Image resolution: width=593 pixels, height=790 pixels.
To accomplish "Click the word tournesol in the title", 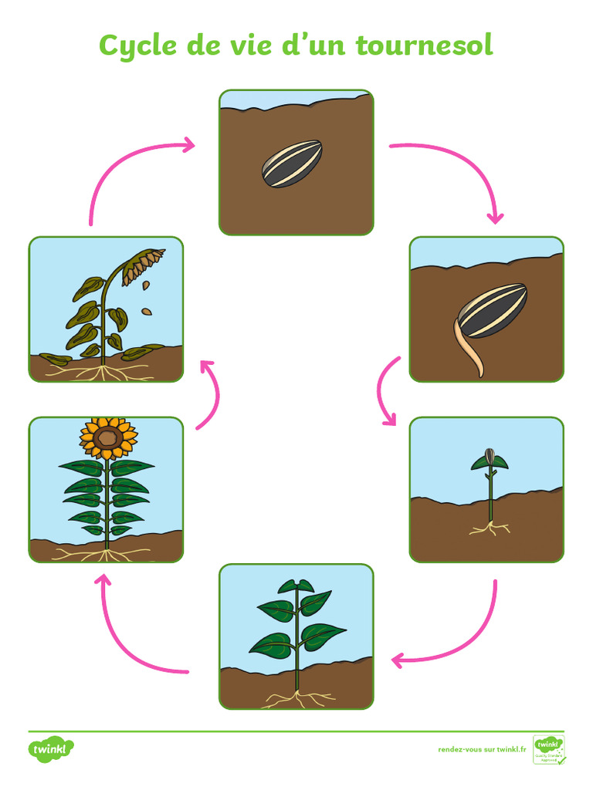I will point(424,46).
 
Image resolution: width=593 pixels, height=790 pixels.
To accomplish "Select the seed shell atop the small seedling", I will point(488,455).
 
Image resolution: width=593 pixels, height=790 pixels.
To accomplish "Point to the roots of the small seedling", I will point(490,529).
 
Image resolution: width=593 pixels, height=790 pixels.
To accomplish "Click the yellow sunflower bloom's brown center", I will point(108,438).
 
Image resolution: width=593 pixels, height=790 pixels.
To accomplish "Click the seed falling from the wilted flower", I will point(147,312).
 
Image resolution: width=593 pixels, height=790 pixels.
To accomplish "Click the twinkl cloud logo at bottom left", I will point(52,749).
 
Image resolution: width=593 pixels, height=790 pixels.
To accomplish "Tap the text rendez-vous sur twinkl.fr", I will point(482,749).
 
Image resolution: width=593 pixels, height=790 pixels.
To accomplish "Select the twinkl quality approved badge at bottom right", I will point(549,749).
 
